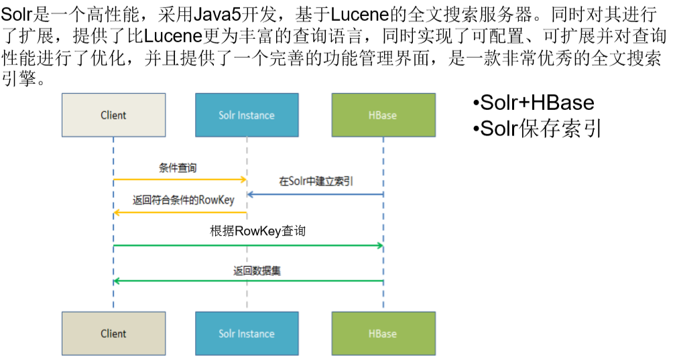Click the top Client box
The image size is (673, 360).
click(x=113, y=115)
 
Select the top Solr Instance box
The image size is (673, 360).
click(x=247, y=115)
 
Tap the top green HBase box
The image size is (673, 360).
click(x=383, y=115)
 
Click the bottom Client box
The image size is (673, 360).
click(x=113, y=333)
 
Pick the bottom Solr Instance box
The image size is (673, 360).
click(x=247, y=333)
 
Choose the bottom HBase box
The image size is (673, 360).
click(x=383, y=333)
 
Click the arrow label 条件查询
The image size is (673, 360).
click(x=178, y=168)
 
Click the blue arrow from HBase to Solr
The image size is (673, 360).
click(x=315, y=194)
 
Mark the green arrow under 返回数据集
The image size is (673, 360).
click(x=248, y=281)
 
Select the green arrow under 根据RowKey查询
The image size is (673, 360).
click(x=248, y=246)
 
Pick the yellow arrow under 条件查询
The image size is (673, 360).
click(x=180, y=180)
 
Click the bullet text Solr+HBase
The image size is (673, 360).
click(x=534, y=103)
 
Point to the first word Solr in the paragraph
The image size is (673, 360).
click(x=16, y=14)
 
